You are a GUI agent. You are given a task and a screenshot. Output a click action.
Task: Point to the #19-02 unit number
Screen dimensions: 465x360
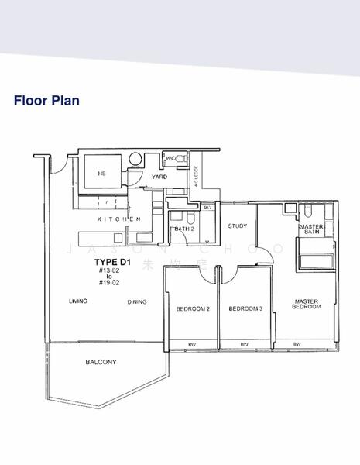110,283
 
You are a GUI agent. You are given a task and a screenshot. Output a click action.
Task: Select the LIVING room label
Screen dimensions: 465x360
78,301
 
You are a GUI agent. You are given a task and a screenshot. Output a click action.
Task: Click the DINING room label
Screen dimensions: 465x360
137,301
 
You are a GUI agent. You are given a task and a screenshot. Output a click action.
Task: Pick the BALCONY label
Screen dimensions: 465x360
101,362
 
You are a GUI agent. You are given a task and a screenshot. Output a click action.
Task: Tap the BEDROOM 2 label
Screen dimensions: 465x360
194,308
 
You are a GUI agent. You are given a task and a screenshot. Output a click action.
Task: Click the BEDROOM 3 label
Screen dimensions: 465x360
246,308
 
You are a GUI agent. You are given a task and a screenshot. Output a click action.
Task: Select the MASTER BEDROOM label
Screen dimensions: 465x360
307,304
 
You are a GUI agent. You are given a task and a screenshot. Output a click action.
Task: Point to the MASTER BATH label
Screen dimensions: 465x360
311,229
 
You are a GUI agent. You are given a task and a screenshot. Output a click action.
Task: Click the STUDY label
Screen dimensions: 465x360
237,226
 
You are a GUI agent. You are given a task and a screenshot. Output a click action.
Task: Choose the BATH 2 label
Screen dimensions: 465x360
184,229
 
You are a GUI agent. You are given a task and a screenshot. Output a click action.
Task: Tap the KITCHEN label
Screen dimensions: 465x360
118,220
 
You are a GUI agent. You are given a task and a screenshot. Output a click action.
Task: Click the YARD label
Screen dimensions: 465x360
159,177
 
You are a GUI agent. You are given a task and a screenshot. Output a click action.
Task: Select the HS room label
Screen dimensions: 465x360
101,174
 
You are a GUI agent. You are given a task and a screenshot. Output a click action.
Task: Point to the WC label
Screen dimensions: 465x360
170,160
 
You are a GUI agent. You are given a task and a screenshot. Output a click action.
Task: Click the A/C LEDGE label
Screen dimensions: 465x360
197,177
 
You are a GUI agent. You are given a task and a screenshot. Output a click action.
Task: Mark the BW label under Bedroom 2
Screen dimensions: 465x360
192,344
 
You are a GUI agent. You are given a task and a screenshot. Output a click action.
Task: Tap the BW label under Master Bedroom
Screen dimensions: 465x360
297,344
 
